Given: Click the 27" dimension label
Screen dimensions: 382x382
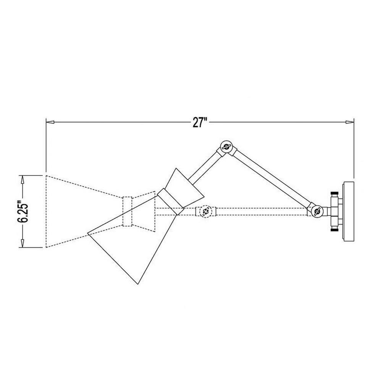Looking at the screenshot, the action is [x=199, y=122].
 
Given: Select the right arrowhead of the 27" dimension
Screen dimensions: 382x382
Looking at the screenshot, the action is [x=350, y=121].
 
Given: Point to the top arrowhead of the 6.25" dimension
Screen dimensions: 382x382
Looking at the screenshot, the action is [x=23, y=180].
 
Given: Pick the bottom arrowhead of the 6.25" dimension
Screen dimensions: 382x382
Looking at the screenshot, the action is [x=23, y=243].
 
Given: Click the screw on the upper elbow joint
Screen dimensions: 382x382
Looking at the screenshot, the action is [x=226, y=147].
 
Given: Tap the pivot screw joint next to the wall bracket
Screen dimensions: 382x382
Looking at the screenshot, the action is [x=317, y=212].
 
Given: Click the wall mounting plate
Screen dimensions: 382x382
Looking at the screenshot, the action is [x=348, y=211].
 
